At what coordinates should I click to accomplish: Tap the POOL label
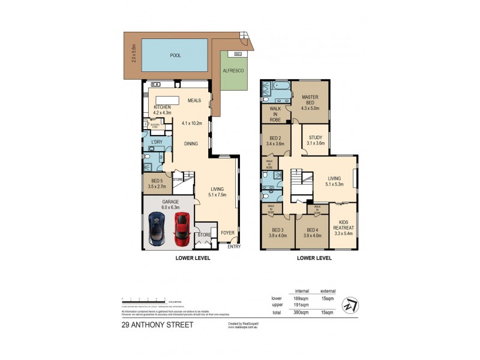175,55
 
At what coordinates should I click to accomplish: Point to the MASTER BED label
310,97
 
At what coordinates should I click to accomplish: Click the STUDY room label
316,137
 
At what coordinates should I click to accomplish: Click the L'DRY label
157,142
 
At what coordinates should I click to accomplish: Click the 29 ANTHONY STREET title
157,325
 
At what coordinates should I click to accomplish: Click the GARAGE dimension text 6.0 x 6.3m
169,208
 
